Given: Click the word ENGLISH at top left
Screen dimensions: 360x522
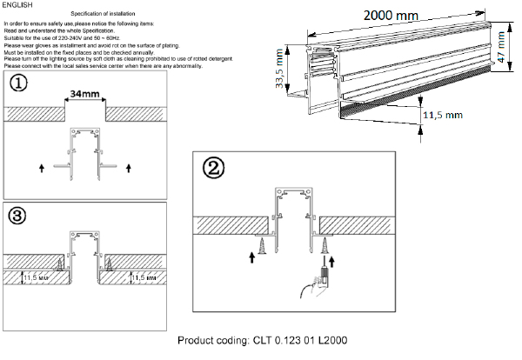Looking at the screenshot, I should tap(17, 5).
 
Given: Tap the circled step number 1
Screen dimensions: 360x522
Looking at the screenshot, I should tap(18, 83).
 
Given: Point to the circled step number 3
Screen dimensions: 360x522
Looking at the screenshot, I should tap(17, 215).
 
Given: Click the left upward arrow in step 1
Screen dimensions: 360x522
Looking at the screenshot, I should tap(41, 164).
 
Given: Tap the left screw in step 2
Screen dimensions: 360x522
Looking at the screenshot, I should tap(260, 238).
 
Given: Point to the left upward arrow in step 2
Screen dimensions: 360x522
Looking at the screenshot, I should tap(251, 257).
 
